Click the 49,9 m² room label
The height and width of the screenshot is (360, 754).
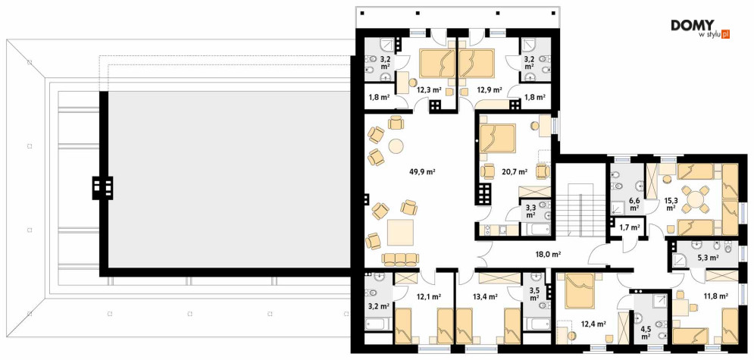pyautogui.click(x=422, y=171)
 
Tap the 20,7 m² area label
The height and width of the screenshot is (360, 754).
pyautogui.click(x=515, y=171)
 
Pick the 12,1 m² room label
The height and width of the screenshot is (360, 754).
pyautogui.click(x=429, y=297)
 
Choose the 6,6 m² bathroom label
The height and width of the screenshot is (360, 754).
pyautogui.click(x=634, y=205)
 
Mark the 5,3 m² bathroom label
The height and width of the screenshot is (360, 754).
pyautogui.click(x=708, y=258)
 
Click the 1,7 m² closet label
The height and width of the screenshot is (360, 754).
pyautogui.click(x=630, y=227)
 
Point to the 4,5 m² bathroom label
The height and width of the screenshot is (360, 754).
pyautogui.click(x=646, y=333)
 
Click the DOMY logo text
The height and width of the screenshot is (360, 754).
pyautogui.click(x=693, y=25)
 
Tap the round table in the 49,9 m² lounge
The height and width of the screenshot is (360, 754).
pyautogui.click(x=397, y=146)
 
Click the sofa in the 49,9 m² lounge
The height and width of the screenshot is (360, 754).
pyautogui.click(x=397, y=259)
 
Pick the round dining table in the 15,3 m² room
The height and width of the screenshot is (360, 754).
pyautogui.click(x=695, y=199)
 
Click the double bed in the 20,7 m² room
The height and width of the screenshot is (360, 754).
pyautogui.click(x=497, y=138)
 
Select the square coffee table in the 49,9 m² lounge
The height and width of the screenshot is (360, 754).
pyautogui.click(x=400, y=233)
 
